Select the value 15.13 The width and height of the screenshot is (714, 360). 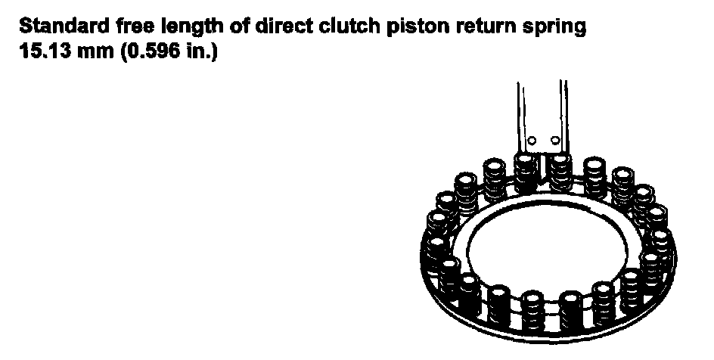[x=44, y=54]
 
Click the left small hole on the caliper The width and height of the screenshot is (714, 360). [x=532, y=141]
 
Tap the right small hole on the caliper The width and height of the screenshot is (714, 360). [x=555, y=141]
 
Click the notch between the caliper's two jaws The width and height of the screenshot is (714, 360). [x=543, y=160]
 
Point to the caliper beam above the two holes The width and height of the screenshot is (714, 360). [x=543, y=106]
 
